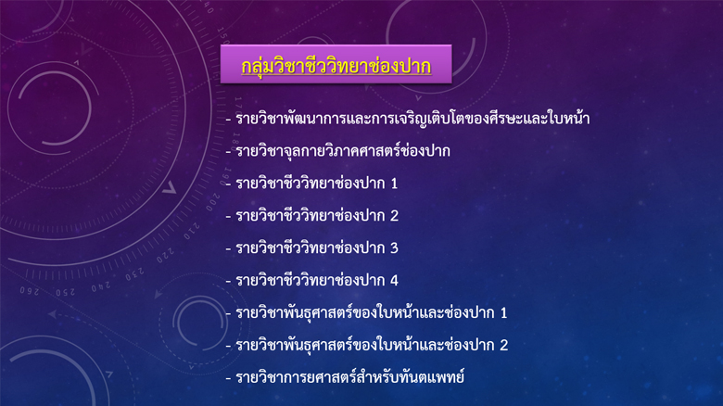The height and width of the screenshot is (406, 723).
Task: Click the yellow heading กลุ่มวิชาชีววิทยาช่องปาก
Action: (x=336, y=66)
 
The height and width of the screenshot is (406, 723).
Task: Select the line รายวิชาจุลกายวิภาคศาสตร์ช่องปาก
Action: (x=343, y=151)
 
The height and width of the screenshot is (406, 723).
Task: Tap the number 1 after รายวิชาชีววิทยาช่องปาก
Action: (x=394, y=184)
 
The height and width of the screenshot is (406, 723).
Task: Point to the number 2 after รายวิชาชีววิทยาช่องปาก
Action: (x=394, y=216)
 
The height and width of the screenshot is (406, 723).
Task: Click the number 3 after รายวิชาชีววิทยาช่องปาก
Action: (x=394, y=248)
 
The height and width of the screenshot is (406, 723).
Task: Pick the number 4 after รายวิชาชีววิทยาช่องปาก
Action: (x=394, y=281)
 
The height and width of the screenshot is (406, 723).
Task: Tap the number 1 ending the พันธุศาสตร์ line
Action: (x=503, y=312)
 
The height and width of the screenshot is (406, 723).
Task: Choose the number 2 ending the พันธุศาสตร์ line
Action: (x=504, y=345)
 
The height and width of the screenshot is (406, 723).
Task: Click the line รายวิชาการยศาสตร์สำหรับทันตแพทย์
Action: (x=350, y=377)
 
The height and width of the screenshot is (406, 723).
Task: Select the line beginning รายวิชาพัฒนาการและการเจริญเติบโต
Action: (x=412, y=119)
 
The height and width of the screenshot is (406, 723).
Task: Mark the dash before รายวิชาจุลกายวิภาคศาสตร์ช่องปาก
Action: (x=228, y=152)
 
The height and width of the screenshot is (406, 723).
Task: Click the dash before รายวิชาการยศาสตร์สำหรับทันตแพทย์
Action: (x=228, y=378)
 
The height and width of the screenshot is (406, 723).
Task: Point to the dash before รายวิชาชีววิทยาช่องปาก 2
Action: (x=228, y=217)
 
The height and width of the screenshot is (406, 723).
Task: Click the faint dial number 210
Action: (x=192, y=231)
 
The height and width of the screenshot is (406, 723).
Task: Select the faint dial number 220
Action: (x=165, y=255)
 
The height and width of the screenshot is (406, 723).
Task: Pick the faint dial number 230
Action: (x=134, y=274)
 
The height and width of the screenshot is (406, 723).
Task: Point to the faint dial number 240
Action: (x=101, y=287)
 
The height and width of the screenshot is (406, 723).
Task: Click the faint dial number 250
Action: (x=66, y=293)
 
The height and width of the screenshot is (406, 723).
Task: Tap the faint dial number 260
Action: (x=30, y=291)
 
